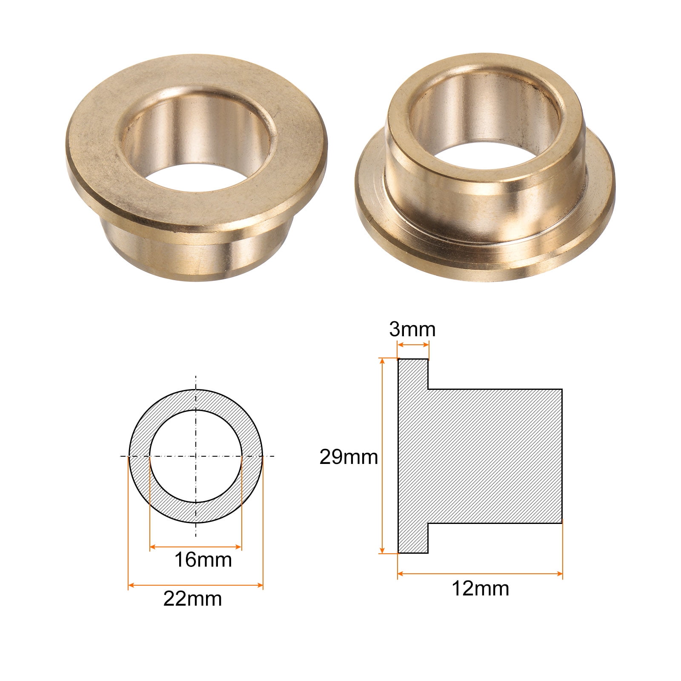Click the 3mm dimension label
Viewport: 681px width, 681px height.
[x=412, y=329]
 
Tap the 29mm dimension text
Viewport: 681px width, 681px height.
[x=349, y=457]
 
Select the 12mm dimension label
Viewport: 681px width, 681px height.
[x=480, y=589]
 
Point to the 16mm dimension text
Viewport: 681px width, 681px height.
[x=203, y=560]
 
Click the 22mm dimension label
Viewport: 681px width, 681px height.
[x=192, y=599]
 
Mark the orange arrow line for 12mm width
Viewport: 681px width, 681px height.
[x=480, y=574]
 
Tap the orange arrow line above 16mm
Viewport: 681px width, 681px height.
[x=196, y=547]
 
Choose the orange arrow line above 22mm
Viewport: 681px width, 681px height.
[x=196, y=586]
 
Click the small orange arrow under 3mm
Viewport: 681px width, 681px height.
[x=413, y=345]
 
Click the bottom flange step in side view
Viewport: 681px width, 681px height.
[x=413, y=538]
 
